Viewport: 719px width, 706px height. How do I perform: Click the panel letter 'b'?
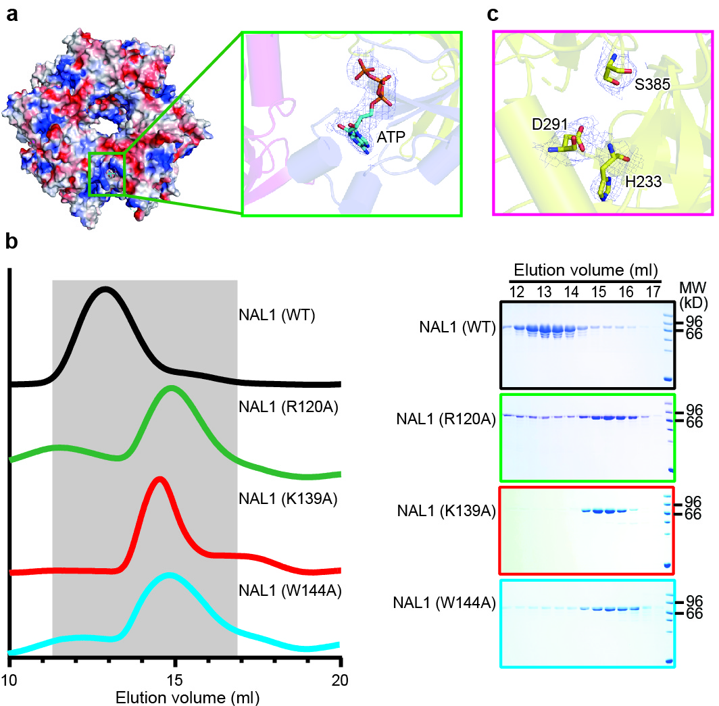click(x=11, y=241)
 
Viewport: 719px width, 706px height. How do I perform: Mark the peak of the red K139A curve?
click(x=159, y=479)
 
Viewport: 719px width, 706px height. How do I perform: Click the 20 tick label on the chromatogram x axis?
click(x=341, y=680)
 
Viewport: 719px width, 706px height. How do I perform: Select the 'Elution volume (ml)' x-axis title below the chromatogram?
click(x=175, y=696)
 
